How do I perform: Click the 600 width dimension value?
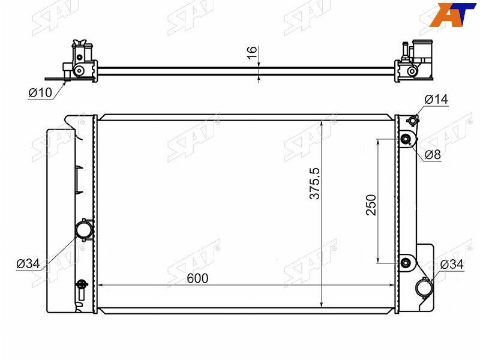click(197, 278)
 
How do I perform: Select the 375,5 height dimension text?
click(314, 184)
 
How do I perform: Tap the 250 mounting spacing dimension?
click(371, 205)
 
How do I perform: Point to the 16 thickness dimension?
click(252, 53)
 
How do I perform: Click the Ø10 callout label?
click(40, 92)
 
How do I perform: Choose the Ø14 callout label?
click(436, 99)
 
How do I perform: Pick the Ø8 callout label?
click(433, 155)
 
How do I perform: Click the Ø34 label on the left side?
click(28, 263)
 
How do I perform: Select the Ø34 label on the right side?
click(452, 265)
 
